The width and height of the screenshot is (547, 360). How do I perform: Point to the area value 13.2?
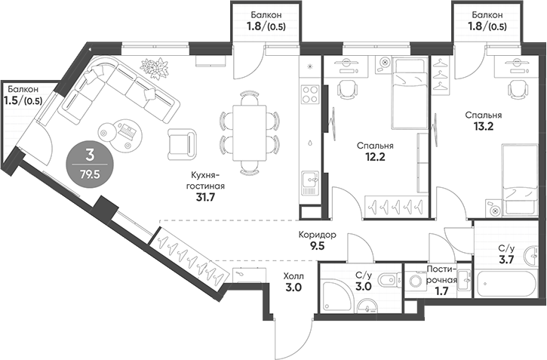484,127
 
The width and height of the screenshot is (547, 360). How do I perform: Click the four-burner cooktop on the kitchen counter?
309,94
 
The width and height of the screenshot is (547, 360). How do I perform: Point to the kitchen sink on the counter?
309,181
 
